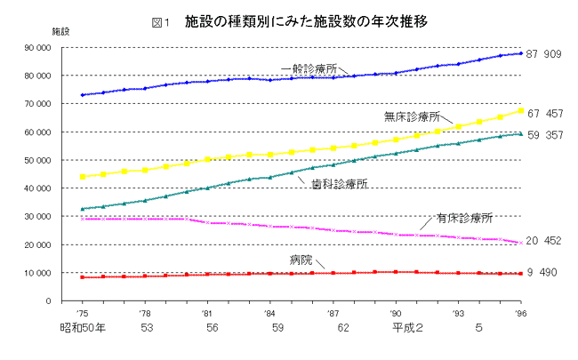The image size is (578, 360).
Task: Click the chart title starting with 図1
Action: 289,20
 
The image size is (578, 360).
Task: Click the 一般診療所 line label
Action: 309,68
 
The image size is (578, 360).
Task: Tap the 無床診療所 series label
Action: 413,116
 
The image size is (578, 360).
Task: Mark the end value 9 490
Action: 542,272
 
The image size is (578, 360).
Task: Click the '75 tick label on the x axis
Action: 82,315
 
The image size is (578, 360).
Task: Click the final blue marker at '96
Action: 520,53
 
